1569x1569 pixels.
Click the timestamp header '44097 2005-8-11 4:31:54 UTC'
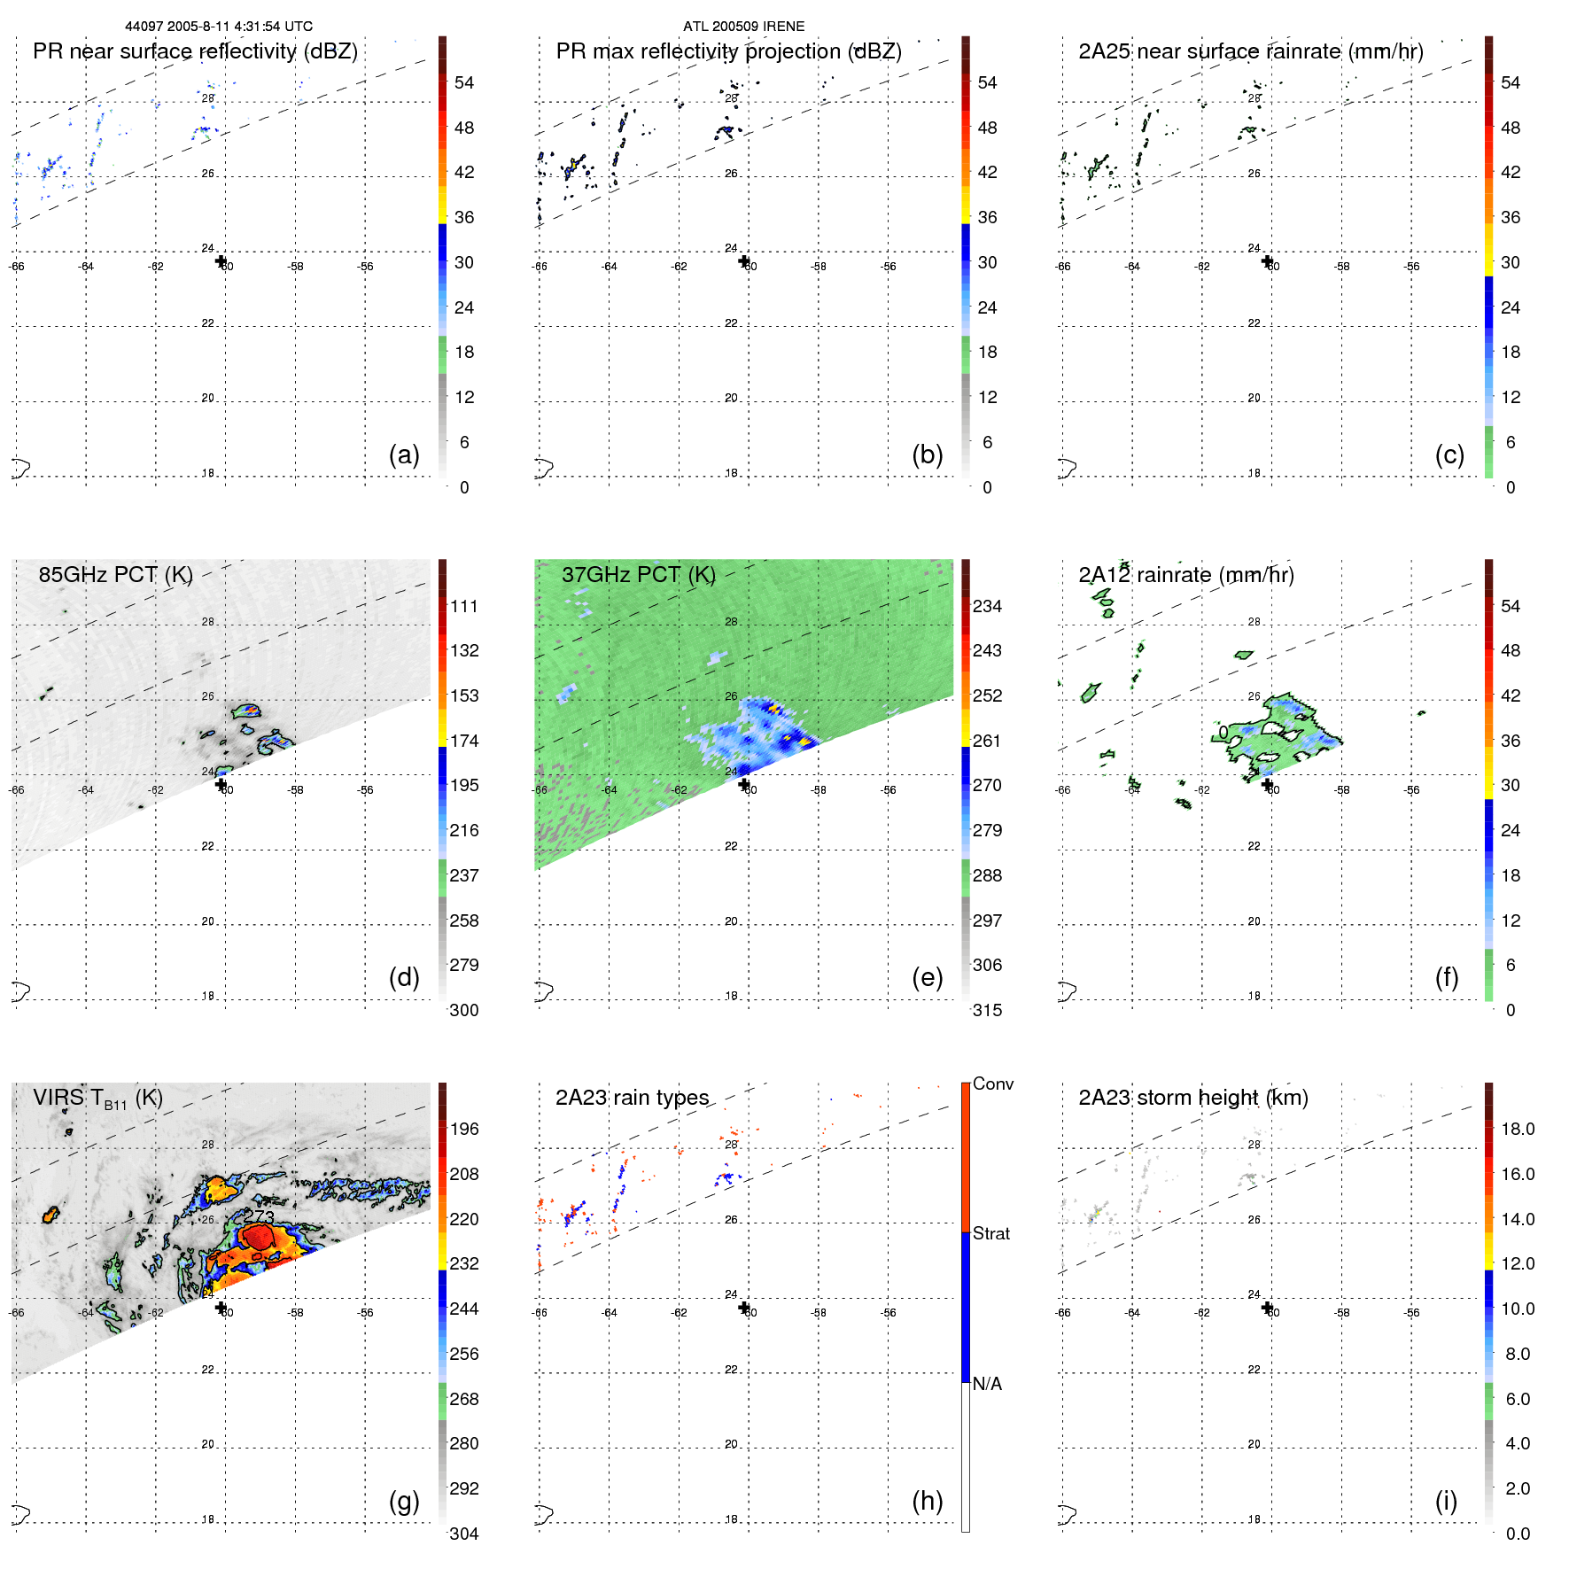tap(218, 27)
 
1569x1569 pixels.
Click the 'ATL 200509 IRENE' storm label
tap(743, 27)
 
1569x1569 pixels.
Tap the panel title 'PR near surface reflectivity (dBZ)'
tap(195, 51)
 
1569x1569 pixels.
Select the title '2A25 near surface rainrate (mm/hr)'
tap(1250, 51)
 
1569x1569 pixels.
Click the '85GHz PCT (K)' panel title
tap(115, 575)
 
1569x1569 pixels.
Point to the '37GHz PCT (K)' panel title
tap(638, 575)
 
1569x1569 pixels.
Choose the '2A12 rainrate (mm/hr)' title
tap(1185, 575)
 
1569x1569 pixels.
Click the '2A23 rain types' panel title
tap(632, 1098)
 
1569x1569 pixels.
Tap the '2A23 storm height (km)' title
tap(1192, 1098)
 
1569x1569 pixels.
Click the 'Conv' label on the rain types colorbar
tap(992, 1084)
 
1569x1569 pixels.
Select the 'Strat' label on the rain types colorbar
tap(990, 1233)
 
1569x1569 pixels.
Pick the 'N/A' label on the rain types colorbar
tap(987, 1384)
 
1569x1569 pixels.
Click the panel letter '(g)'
tap(404, 1501)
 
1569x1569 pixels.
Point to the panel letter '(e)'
tap(927, 977)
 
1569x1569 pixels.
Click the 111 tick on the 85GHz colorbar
tap(463, 606)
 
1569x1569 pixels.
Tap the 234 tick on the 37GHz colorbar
tap(987, 606)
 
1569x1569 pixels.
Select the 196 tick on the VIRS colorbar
tap(463, 1129)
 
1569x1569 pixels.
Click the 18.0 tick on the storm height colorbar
tap(1518, 1129)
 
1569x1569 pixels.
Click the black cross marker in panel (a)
tap(221, 260)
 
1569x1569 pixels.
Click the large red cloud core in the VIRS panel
tap(259, 1237)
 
